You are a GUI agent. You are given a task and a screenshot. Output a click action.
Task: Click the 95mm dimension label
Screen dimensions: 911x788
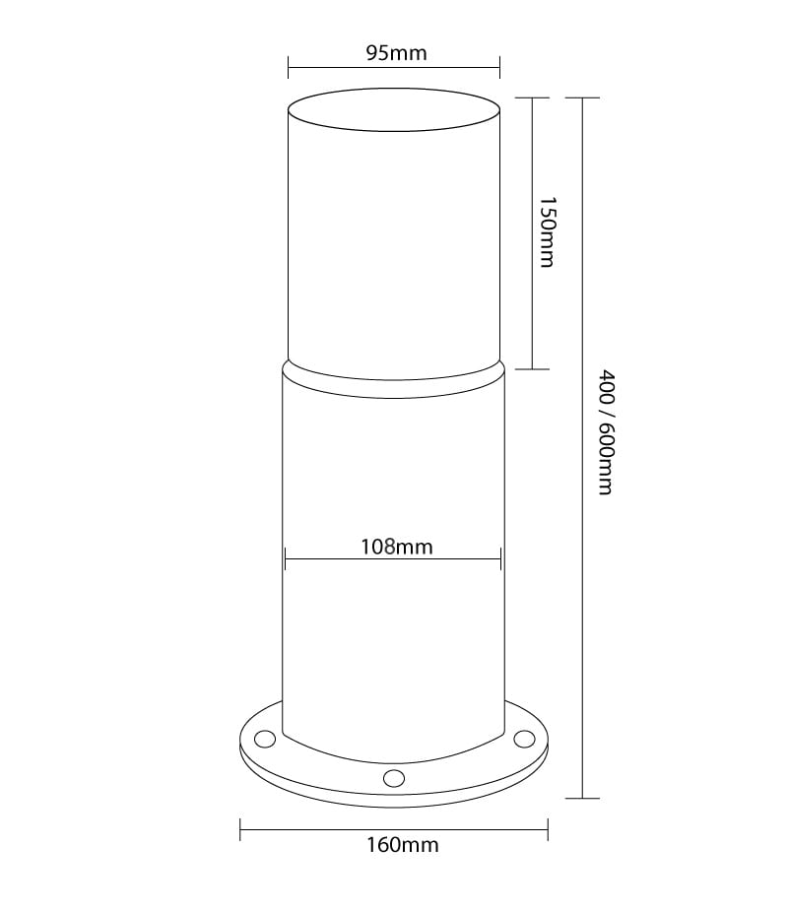click(x=397, y=53)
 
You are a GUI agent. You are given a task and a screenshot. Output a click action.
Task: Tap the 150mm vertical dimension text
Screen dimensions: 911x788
click(x=548, y=232)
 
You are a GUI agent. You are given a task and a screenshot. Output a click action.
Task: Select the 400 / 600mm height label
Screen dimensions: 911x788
click(x=606, y=432)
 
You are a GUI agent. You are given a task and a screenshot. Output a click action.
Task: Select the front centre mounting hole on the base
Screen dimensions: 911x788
click(x=394, y=778)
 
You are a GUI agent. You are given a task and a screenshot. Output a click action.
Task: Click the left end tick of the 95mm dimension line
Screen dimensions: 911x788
click(x=288, y=67)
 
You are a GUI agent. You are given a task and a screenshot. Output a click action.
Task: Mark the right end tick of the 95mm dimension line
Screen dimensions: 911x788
click(x=500, y=67)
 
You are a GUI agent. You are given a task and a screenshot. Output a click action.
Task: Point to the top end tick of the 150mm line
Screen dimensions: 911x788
click(x=533, y=98)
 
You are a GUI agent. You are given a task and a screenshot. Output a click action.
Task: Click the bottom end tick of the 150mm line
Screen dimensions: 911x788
click(x=533, y=369)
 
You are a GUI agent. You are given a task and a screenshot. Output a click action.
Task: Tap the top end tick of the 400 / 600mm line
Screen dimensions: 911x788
click(x=583, y=98)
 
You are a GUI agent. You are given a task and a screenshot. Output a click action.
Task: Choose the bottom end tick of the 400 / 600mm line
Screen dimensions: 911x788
click(x=583, y=798)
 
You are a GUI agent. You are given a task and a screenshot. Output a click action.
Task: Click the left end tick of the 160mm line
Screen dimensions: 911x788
click(x=240, y=830)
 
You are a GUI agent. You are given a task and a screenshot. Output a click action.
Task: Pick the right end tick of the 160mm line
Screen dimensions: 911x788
click(x=548, y=830)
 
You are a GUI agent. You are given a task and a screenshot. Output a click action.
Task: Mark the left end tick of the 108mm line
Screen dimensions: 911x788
click(x=286, y=559)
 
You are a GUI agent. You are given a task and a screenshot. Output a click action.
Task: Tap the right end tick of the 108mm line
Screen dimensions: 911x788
click(x=501, y=559)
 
